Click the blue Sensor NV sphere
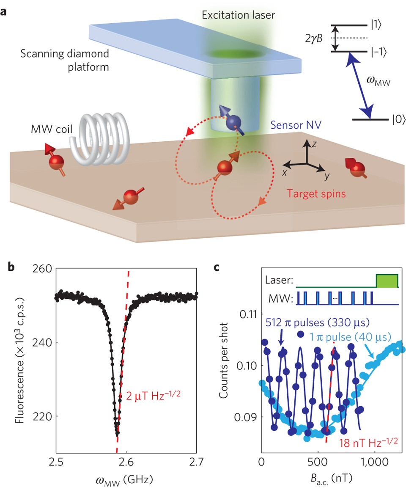coord(232,123)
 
